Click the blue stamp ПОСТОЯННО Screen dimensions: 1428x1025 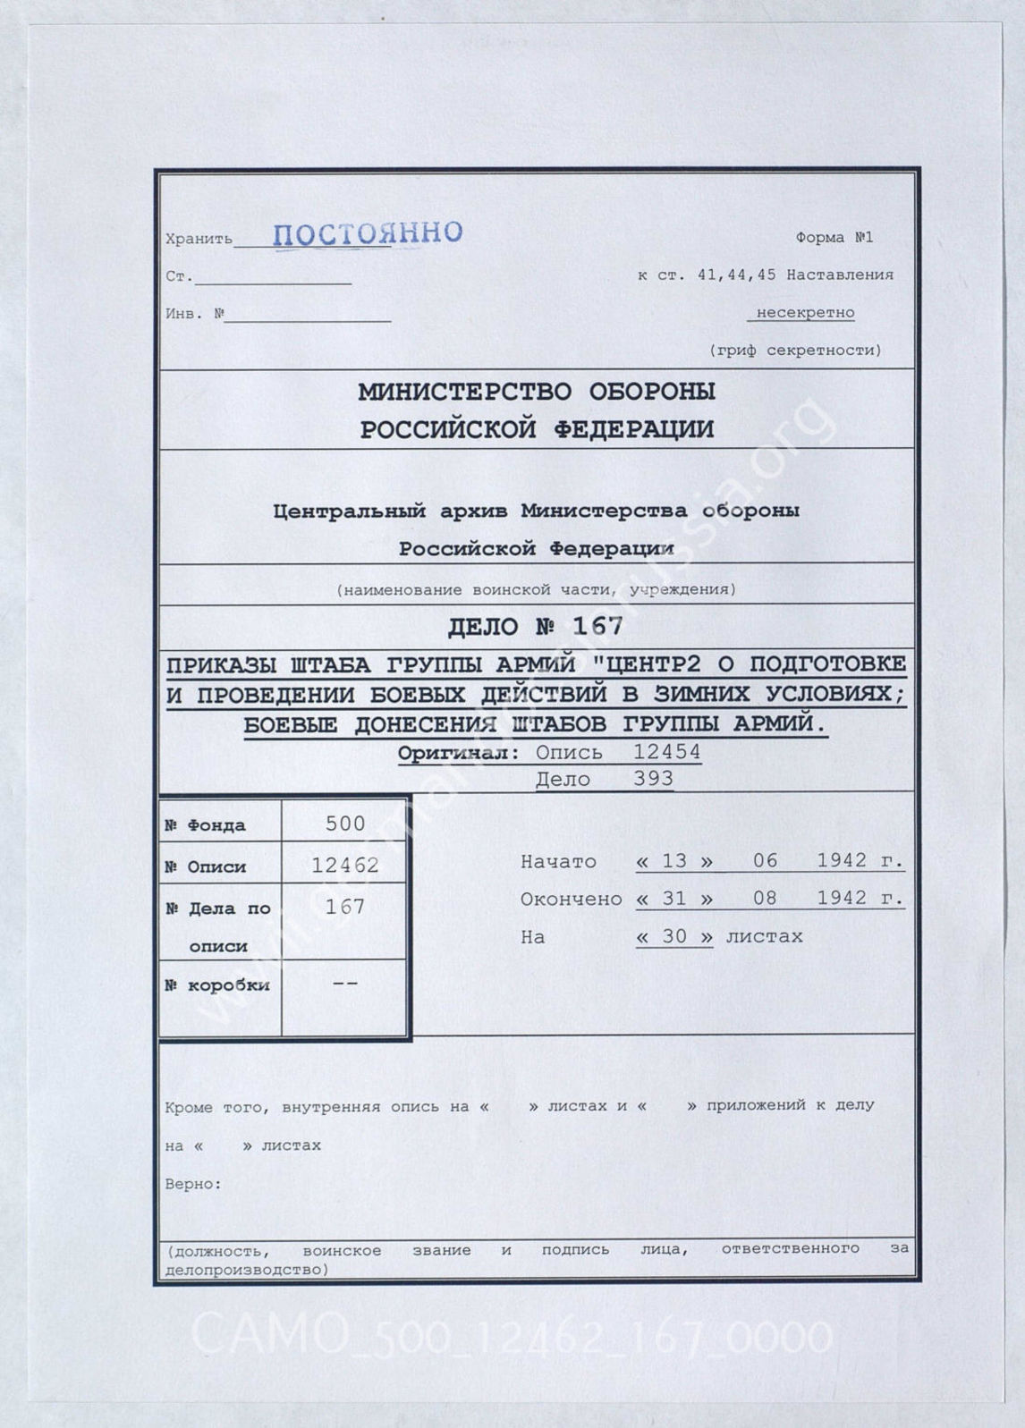point(368,233)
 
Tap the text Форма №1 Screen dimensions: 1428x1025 point(834,238)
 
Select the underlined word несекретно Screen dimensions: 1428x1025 point(805,313)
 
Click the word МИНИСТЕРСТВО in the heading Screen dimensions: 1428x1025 point(464,392)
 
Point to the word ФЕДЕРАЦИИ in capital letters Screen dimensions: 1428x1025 point(634,430)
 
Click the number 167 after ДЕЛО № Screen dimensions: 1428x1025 point(597,626)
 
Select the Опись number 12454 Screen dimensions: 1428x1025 point(666,752)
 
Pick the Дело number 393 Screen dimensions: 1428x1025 point(653,779)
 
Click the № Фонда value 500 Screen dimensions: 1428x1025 point(345,824)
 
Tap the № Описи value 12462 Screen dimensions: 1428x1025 point(345,866)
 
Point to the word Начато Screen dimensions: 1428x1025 point(558,862)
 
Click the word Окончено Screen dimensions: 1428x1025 point(571,900)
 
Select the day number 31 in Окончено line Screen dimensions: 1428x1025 point(673,899)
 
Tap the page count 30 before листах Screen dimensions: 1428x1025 point(673,937)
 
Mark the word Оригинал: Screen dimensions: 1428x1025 point(458,753)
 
